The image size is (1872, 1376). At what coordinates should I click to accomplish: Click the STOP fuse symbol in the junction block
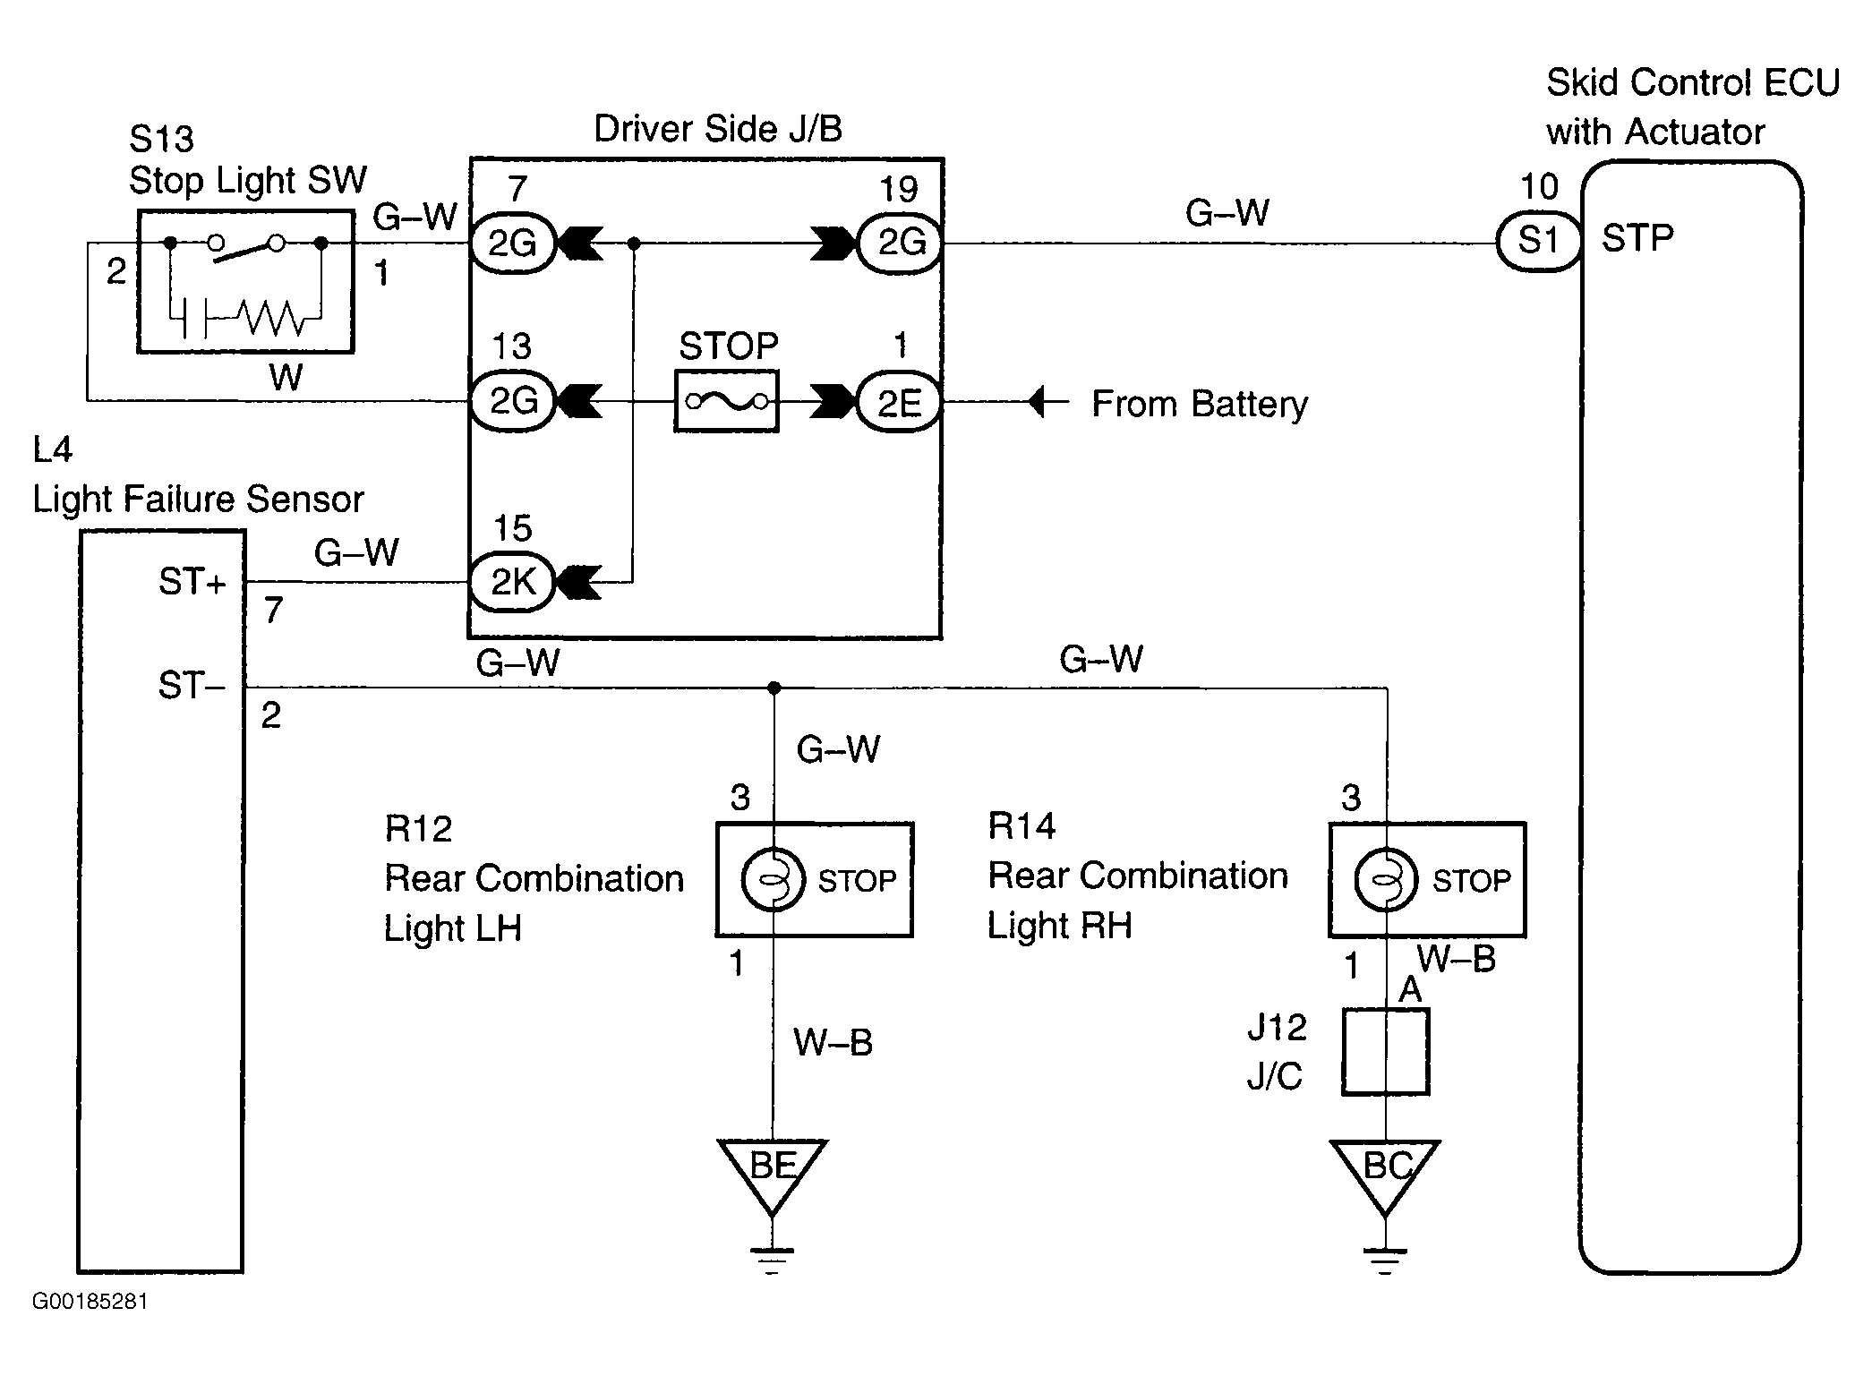pos(726,402)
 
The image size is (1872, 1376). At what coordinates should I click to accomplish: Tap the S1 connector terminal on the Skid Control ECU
pos(1538,241)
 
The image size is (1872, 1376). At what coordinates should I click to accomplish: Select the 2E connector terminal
pos(899,403)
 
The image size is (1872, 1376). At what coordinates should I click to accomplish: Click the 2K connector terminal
pos(513,582)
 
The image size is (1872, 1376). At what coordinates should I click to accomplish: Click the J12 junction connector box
pos(1385,1052)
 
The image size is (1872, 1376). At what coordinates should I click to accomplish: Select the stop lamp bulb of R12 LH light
pos(773,879)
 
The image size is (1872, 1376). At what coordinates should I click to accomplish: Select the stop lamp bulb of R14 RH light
pos(1385,879)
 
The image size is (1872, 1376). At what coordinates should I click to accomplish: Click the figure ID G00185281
pos(90,1302)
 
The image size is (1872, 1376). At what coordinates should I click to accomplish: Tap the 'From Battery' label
pos(1199,404)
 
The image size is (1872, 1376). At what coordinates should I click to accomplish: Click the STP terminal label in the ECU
pos(1637,239)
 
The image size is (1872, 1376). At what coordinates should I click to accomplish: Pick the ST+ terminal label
pos(192,582)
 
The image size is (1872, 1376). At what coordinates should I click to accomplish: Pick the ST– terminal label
pos(190,686)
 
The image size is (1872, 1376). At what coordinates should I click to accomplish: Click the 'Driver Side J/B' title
pos(718,130)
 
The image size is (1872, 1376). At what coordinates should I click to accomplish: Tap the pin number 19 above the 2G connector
pos(898,189)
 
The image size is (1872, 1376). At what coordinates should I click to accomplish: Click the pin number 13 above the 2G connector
pos(511,346)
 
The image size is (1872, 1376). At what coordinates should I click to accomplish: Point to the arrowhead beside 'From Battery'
pos(1039,402)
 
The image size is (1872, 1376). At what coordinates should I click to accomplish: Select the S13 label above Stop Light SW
pos(161,139)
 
